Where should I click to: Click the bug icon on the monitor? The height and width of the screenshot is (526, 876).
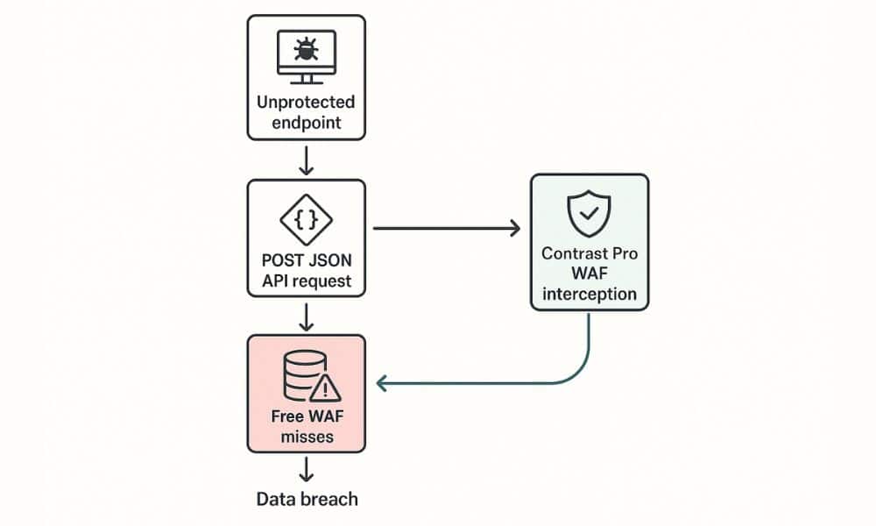pos(306,50)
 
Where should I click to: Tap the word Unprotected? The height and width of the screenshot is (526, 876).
pos(306,103)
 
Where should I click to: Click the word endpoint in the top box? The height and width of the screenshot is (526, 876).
pos(306,123)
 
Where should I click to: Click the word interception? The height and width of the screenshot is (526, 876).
pos(589,293)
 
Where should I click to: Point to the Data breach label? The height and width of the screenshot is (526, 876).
pos(307,500)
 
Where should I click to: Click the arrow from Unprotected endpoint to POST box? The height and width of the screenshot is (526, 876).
pos(306,160)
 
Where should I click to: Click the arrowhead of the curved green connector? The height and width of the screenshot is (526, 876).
pos(381,382)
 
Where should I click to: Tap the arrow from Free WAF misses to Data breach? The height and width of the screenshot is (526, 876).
pos(306,470)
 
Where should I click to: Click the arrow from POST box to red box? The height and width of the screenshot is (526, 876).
pos(306,317)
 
